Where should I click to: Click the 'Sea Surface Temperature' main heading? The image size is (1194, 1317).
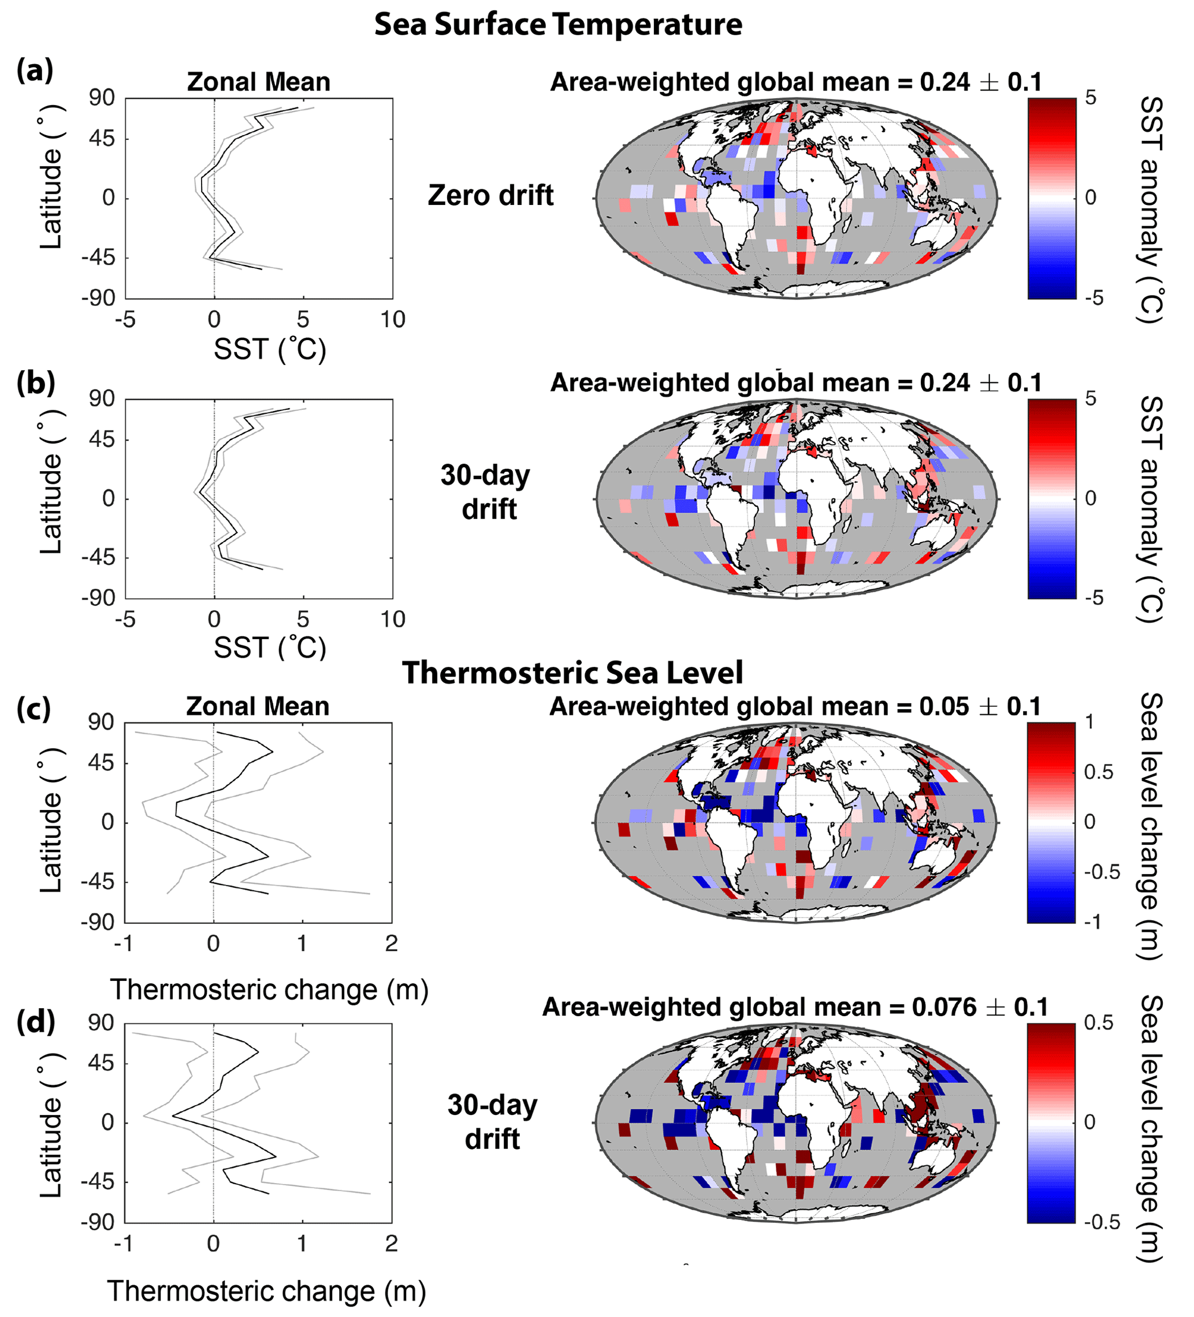[x=558, y=25]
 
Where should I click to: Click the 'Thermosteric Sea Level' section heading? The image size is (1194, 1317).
[x=572, y=673]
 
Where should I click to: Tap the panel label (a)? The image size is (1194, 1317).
[x=35, y=69]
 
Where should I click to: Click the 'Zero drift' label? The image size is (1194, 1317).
[x=490, y=195]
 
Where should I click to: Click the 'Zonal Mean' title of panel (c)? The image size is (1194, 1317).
[x=258, y=707]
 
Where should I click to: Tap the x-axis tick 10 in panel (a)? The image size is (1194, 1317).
[x=393, y=319]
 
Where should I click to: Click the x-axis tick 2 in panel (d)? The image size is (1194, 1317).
[x=391, y=1244]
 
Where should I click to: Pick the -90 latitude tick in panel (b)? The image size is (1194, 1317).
[x=98, y=598]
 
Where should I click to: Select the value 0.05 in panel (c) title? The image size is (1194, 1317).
[x=944, y=707]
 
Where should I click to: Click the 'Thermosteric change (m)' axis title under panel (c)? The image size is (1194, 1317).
[x=269, y=990]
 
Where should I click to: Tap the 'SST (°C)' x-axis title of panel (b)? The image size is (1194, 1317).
[x=270, y=648]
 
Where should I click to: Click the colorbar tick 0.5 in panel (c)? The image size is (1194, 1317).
[x=1099, y=772]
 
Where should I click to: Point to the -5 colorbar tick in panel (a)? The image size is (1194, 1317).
[x=1094, y=298]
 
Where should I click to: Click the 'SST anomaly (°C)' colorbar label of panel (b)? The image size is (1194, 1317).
[x=1151, y=510]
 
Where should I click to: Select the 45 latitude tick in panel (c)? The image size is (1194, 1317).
[x=101, y=763]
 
